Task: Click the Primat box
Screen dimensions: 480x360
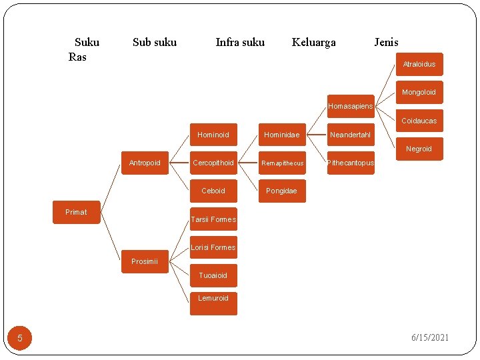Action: [x=76, y=212]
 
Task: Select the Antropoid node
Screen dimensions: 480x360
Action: [x=145, y=163]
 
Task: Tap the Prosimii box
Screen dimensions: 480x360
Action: [x=145, y=261]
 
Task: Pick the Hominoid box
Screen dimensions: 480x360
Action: [x=213, y=135]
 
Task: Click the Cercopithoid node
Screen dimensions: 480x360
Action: [x=213, y=163]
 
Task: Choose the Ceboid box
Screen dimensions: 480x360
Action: [x=213, y=191]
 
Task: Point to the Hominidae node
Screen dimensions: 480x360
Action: [x=281, y=135]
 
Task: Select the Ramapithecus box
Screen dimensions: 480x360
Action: [x=282, y=163]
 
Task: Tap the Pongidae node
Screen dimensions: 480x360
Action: [x=281, y=191]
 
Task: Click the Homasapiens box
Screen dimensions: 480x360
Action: [x=350, y=106]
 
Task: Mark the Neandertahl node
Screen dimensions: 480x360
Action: [x=350, y=135]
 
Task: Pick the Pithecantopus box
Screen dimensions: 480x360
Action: [x=351, y=163]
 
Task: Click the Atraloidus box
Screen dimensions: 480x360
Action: [x=419, y=64]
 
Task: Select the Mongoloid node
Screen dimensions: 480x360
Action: [x=419, y=92]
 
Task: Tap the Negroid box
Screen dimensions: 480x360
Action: [x=419, y=149]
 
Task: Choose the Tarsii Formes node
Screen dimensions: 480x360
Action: [x=213, y=219]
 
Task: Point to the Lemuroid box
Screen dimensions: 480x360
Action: [x=213, y=298]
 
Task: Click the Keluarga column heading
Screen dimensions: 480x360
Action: [x=313, y=43]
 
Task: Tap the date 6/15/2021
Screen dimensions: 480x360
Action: [x=431, y=337]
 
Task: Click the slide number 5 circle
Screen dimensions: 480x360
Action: [x=20, y=338]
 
